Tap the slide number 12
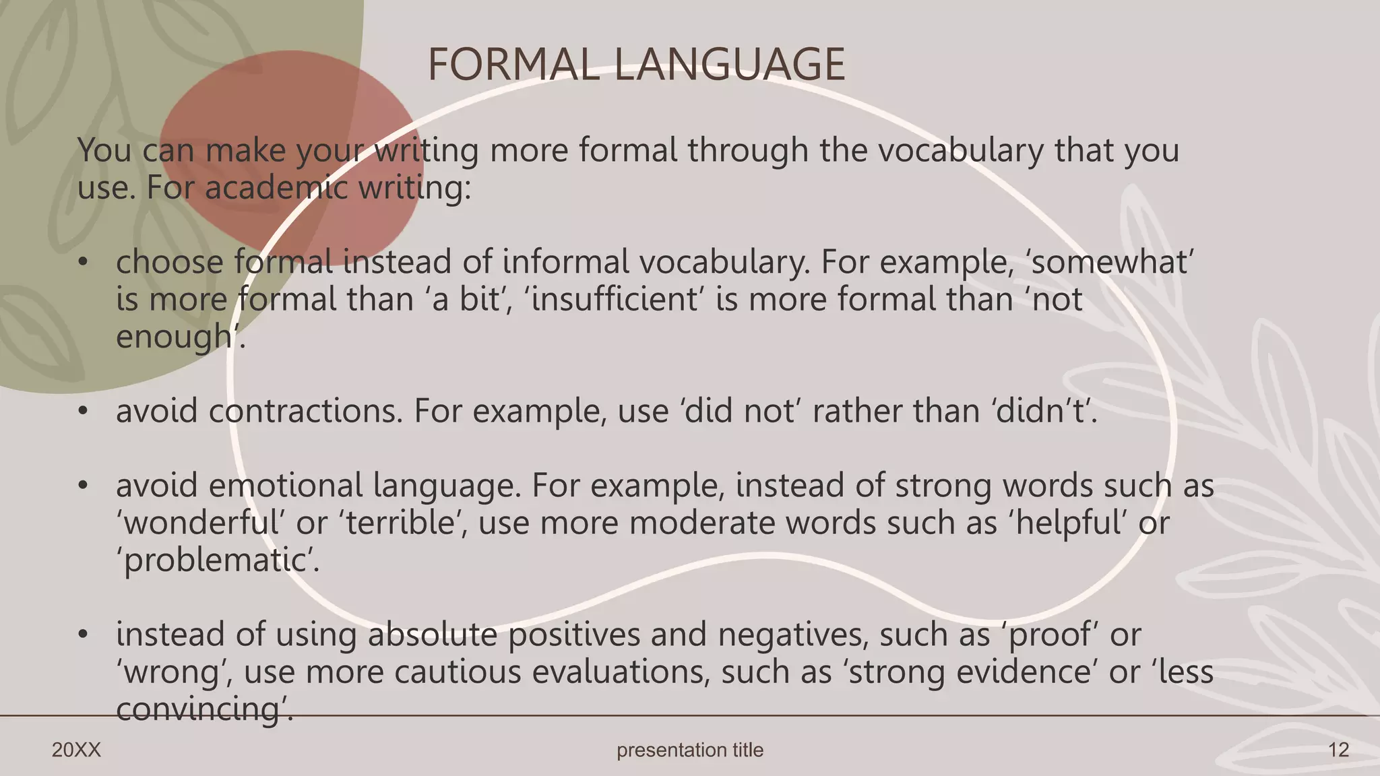click(x=1338, y=750)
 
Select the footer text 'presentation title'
click(x=690, y=750)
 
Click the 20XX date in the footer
click(x=76, y=750)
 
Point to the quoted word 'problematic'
click(x=217, y=560)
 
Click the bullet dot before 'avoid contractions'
click(x=83, y=411)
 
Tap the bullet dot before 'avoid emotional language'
click(x=83, y=486)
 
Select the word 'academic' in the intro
click(x=276, y=187)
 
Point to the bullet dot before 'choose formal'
click(x=83, y=262)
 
